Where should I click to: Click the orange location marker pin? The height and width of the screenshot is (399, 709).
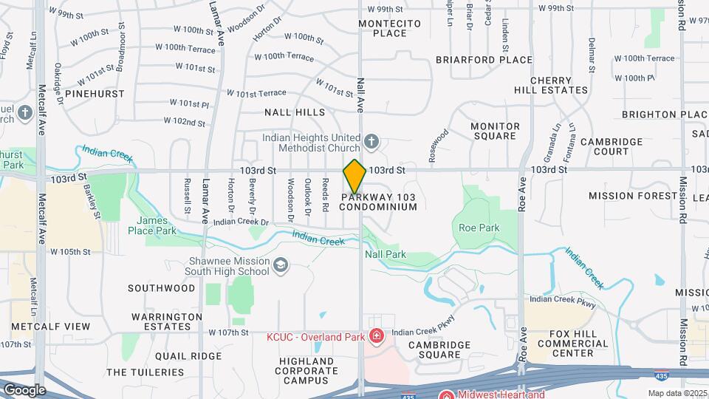click(354, 177)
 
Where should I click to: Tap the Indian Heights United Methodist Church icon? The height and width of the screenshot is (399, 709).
click(371, 140)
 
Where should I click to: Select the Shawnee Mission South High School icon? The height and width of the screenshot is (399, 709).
click(280, 265)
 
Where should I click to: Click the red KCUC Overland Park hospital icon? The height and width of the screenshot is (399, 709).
click(377, 337)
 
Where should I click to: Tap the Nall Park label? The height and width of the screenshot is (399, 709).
click(386, 254)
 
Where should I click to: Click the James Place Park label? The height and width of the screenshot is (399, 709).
click(157, 226)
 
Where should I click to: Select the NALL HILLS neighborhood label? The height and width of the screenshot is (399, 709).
click(295, 112)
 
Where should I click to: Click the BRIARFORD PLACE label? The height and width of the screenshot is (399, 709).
click(484, 60)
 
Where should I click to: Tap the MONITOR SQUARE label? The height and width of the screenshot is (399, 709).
click(493, 131)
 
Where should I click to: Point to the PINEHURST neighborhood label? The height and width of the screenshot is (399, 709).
click(94, 94)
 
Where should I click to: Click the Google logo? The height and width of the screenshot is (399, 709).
click(24, 389)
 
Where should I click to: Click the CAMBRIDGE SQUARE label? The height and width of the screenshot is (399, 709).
click(439, 349)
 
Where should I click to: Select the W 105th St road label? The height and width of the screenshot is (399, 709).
click(70, 252)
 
